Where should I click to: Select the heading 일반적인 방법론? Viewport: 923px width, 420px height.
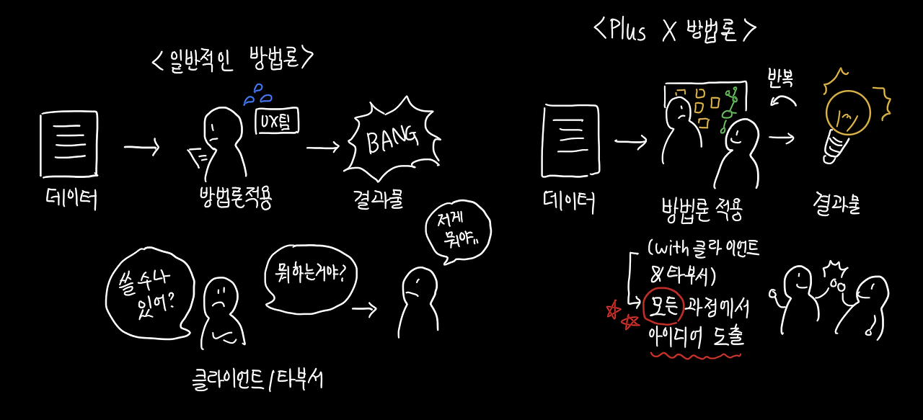point(232,60)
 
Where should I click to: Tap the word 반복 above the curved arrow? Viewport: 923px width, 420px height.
point(781,79)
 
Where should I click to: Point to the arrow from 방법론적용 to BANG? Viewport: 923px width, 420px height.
point(322,147)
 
